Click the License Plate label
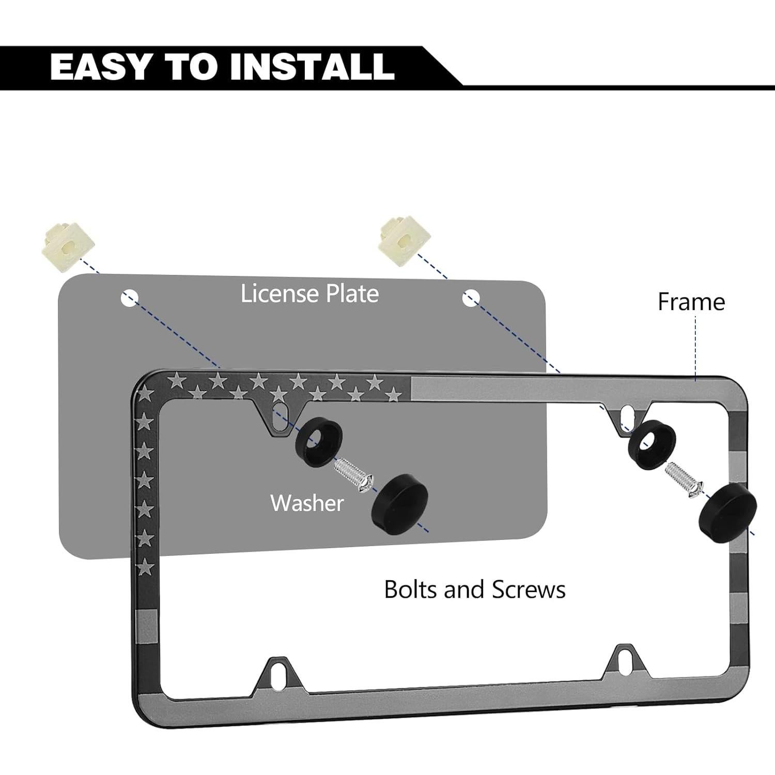click(309, 293)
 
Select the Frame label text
click(691, 302)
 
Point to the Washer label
click(307, 503)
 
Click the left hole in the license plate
click(129, 298)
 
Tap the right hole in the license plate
click(471, 298)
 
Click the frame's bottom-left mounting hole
click(282, 673)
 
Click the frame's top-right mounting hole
click(628, 412)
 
